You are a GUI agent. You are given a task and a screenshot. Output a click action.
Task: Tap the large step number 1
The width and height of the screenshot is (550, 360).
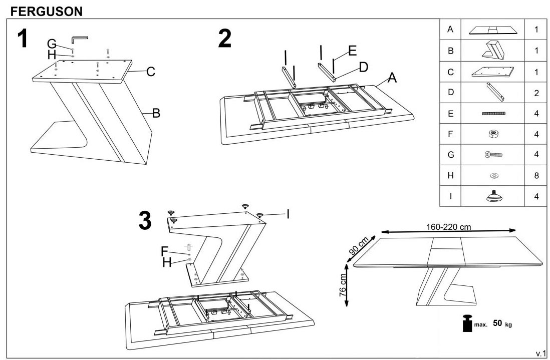(x=23, y=39)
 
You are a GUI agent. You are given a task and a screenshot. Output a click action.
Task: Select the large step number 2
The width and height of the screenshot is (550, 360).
(x=225, y=39)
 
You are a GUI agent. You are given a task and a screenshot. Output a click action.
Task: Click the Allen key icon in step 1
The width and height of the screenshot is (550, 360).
(x=79, y=39)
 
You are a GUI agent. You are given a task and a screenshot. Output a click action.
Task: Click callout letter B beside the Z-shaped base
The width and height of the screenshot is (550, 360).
(x=156, y=114)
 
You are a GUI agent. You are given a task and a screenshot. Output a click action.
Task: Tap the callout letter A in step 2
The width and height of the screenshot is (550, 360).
(x=392, y=78)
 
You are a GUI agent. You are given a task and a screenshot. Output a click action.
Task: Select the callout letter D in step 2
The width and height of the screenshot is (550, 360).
(x=363, y=67)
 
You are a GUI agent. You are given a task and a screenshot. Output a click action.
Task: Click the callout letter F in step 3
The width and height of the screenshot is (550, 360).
(x=164, y=250)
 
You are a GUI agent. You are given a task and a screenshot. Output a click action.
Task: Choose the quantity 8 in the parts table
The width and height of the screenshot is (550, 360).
(x=536, y=175)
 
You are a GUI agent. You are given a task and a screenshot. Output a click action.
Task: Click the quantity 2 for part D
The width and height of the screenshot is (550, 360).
(x=536, y=93)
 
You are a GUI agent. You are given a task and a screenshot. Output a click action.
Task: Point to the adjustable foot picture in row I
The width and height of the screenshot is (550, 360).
(x=494, y=196)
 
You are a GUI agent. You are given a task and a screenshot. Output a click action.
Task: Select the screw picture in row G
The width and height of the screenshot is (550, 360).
(x=494, y=155)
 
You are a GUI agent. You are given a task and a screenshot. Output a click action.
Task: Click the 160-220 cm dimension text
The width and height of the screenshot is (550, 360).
(x=449, y=227)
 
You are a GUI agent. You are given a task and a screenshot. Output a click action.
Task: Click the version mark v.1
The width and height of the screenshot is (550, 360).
(x=540, y=354)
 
